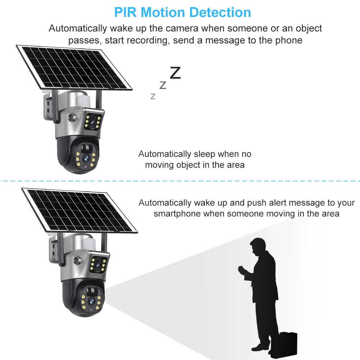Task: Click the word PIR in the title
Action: (126, 12)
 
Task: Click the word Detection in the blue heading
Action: (221, 12)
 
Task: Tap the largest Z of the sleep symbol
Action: (175, 73)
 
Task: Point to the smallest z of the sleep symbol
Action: (153, 96)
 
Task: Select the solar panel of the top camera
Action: (74, 67)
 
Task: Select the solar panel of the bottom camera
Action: (79, 211)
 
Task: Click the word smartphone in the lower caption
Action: (177, 213)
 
